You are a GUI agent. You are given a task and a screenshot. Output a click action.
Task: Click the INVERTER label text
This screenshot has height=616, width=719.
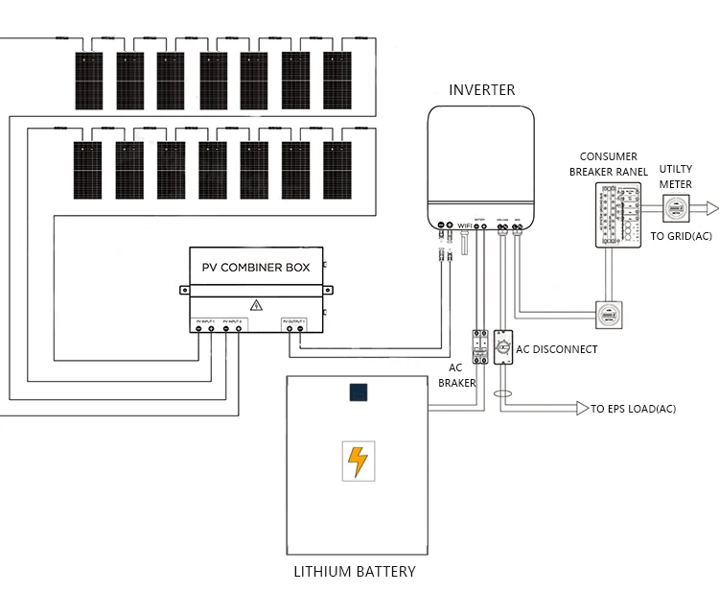click(x=481, y=90)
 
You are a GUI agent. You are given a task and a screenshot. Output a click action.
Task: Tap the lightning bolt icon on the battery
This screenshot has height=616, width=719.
click(x=357, y=461)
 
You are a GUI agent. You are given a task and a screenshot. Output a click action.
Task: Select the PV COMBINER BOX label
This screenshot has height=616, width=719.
click(x=255, y=268)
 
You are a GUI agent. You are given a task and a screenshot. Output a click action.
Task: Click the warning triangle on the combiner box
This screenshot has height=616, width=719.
click(x=256, y=305)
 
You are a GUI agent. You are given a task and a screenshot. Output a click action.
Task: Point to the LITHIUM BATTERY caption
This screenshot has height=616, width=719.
click(x=355, y=572)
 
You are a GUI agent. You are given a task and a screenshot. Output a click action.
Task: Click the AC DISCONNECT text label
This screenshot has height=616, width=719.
click(x=557, y=349)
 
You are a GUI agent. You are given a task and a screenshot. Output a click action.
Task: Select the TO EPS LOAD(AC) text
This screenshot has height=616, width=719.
click(x=634, y=409)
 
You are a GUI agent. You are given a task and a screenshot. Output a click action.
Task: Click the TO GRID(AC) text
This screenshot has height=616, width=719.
click(x=682, y=236)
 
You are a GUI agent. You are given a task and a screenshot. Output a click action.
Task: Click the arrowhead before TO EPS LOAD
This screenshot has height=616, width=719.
click(x=581, y=409)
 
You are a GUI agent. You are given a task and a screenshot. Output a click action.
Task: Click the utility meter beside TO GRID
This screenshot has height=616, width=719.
click(x=676, y=208)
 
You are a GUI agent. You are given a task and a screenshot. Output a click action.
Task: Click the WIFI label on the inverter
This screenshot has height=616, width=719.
click(x=466, y=226)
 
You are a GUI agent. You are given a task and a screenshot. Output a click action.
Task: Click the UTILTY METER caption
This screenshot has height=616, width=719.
click(x=676, y=177)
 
